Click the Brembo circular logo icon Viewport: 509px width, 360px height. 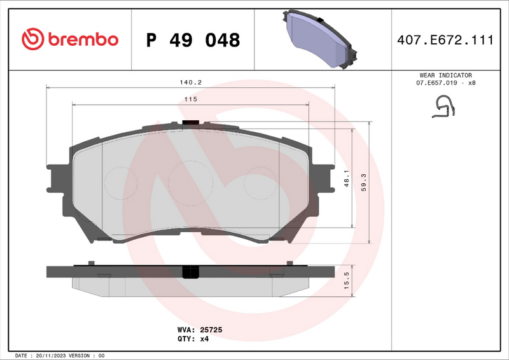(33, 39)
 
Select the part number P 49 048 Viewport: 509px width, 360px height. (193, 40)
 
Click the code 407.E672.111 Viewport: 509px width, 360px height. (445, 40)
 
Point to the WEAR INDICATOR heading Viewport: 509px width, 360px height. (445, 75)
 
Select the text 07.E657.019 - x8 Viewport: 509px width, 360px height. (445, 83)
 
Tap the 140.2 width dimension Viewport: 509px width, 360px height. (190, 83)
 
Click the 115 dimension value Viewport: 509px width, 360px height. (190, 99)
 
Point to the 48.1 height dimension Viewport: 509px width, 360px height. (345, 177)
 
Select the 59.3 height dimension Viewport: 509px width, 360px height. (363, 182)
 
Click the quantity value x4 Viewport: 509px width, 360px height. (204, 338)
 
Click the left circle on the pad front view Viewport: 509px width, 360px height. (120, 183)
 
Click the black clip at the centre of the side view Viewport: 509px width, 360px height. (190, 272)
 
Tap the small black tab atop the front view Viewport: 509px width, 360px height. (190, 123)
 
